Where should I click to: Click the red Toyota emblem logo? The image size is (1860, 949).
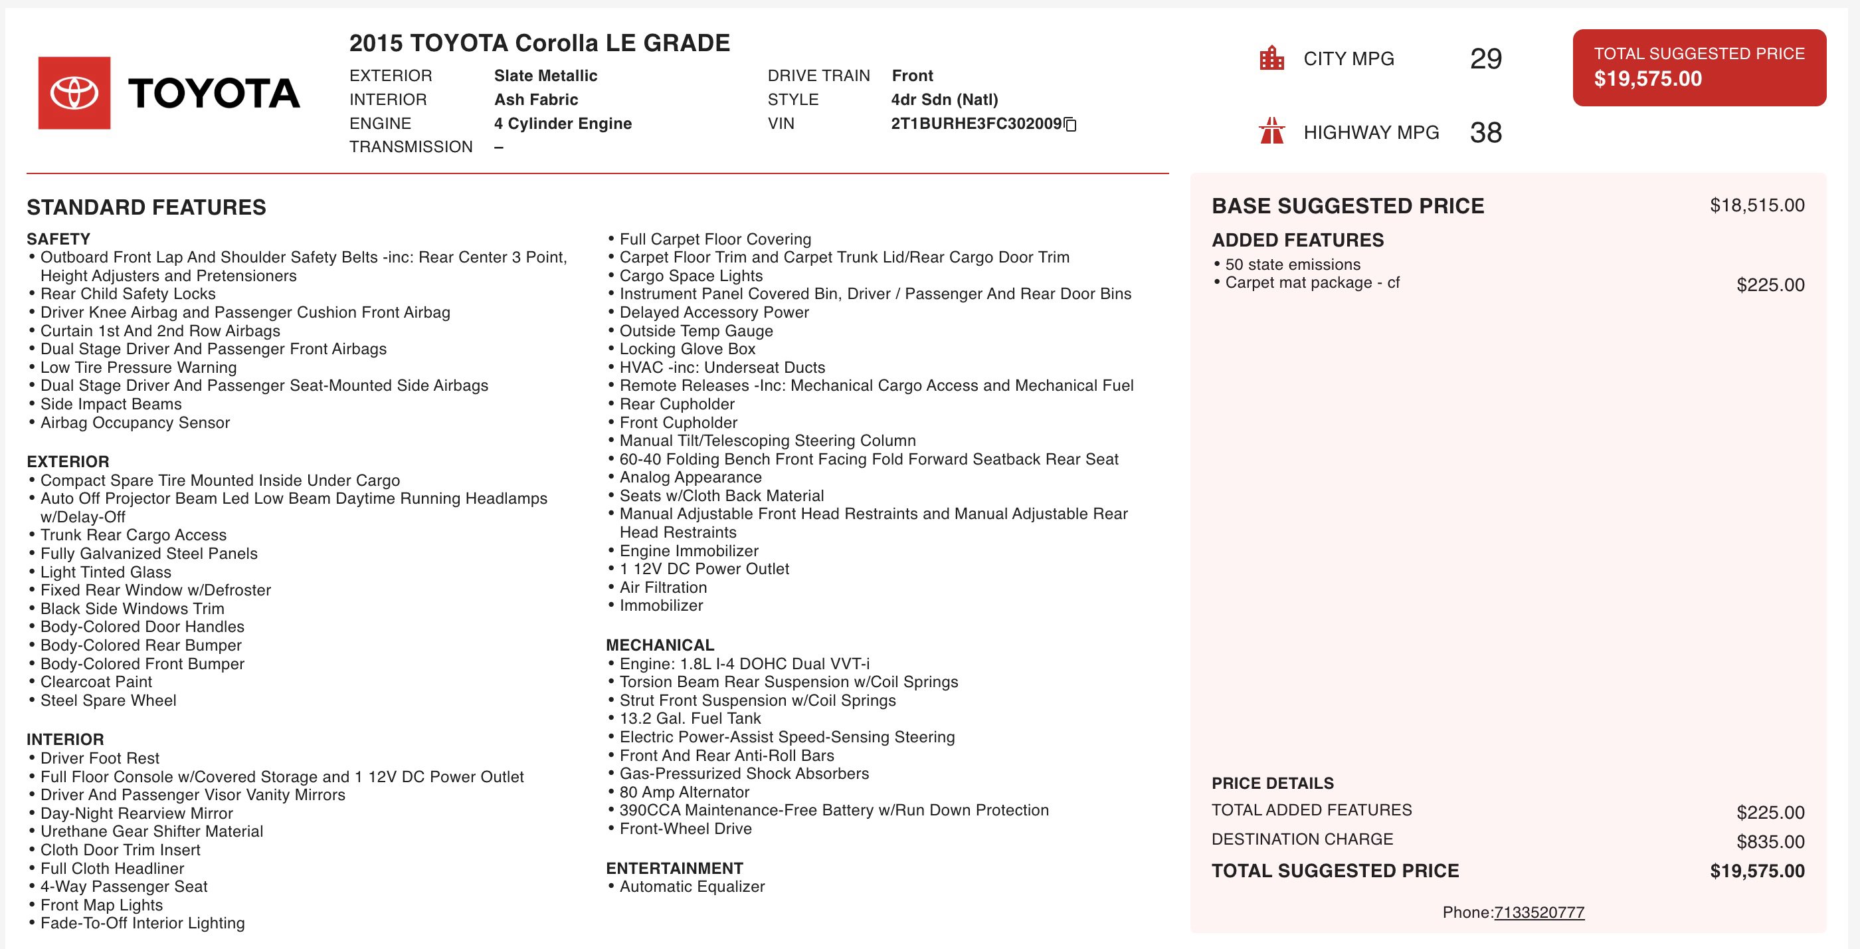click(74, 93)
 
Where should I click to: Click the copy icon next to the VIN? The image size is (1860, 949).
click(1070, 124)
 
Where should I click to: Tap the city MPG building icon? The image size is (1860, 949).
click(1271, 58)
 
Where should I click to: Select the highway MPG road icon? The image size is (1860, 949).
click(1271, 132)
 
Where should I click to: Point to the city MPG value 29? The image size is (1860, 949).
click(1485, 58)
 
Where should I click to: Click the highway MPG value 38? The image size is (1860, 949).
click(1485, 132)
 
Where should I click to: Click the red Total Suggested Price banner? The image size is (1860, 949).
click(1699, 67)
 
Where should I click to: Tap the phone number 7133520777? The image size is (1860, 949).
click(1538, 912)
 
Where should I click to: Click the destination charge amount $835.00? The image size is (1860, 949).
click(1770, 841)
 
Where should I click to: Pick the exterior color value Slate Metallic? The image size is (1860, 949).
click(545, 76)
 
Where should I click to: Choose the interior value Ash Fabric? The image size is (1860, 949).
click(536, 100)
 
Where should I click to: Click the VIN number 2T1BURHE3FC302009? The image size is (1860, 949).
click(975, 124)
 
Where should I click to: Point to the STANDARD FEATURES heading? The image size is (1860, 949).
click(147, 207)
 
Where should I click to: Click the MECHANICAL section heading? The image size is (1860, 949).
click(660, 645)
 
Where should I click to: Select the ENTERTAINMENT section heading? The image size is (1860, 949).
click(674, 868)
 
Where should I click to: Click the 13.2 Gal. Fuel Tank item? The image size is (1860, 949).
click(690, 718)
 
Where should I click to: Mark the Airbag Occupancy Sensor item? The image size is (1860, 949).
click(135, 423)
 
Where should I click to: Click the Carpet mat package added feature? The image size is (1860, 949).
click(1312, 282)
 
